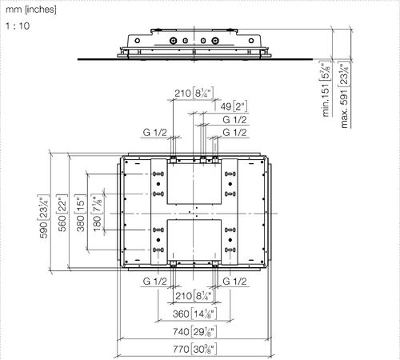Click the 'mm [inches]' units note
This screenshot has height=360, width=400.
[31, 10]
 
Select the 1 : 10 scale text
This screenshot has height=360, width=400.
[18, 26]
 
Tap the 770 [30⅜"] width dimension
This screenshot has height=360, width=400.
[194, 349]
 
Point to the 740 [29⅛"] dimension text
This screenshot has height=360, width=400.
[194, 332]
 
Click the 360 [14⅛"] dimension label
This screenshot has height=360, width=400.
[194, 314]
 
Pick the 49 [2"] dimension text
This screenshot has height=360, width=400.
[234, 106]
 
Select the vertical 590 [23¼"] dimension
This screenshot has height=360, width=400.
[43, 216]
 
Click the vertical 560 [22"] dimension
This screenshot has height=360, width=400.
[62, 213]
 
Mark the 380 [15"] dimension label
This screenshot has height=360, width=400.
[80, 213]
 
